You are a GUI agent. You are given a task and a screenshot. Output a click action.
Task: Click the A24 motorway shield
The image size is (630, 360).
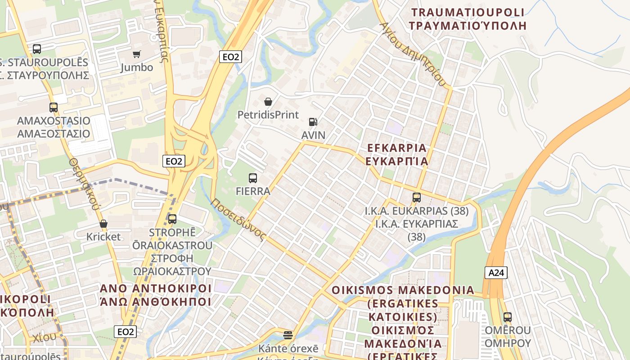[496, 272]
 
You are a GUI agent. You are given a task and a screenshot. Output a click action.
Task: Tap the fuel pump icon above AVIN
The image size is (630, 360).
[313, 121]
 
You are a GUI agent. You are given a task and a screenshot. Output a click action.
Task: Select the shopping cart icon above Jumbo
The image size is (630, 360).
[136, 54]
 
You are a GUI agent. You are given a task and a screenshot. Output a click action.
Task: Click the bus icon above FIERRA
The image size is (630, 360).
[253, 178]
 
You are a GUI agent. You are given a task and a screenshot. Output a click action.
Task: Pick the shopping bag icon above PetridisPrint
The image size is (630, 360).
[268, 102]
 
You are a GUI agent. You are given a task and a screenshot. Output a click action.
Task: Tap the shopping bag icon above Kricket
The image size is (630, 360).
[103, 224]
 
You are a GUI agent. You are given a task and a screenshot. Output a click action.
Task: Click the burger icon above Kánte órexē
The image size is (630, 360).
[288, 335]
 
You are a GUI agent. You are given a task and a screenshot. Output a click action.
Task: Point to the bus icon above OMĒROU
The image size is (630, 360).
[508, 317]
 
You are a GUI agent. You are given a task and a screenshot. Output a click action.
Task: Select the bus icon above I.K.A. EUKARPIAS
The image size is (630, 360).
[417, 198]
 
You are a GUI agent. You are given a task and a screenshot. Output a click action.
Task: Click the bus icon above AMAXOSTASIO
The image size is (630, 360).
[54, 108]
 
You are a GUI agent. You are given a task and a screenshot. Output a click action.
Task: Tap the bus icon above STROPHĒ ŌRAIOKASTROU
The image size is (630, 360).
[172, 219]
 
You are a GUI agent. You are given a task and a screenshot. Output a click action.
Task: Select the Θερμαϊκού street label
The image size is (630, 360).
[84, 184]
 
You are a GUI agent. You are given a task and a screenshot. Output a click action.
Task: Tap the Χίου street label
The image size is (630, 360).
[44, 337]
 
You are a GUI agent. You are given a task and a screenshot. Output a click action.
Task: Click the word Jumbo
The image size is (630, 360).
[137, 67]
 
